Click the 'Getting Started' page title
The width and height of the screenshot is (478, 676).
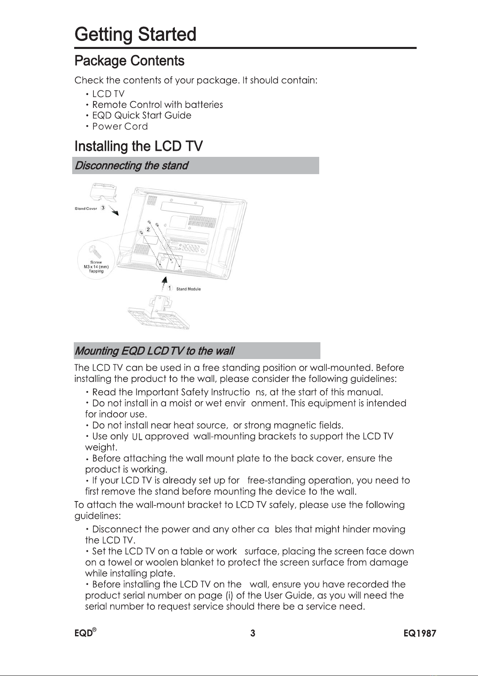pyautogui.click(x=136, y=35)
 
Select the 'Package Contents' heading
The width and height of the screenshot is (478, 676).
pyautogui.click(x=130, y=61)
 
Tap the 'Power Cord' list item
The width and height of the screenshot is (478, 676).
pyautogui.click(x=120, y=126)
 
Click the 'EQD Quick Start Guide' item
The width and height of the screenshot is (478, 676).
pyautogui.click(x=142, y=116)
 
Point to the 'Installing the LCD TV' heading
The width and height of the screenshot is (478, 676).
pyautogui.click(x=139, y=146)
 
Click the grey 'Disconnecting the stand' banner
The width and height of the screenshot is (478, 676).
pyautogui.click(x=196, y=166)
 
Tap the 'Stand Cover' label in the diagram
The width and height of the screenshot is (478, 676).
pyautogui.click(x=85, y=209)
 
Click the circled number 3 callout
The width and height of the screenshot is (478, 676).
pyautogui.click(x=103, y=208)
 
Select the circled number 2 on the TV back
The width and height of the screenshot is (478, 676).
pyautogui.click(x=148, y=229)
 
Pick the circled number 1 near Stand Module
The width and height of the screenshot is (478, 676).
pyautogui.click(x=170, y=288)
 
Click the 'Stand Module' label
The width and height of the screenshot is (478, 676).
pyautogui.click(x=188, y=289)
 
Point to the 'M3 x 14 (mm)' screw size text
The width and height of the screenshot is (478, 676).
pyautogui.click(x=96, y=266)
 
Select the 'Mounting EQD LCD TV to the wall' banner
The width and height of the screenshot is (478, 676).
pyautogui.click(x=196, y=351)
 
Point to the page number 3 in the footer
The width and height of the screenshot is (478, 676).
pyautogui.click(x=253, y=633)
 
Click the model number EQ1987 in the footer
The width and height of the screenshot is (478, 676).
pyautogui.click(x=419, y=633)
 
